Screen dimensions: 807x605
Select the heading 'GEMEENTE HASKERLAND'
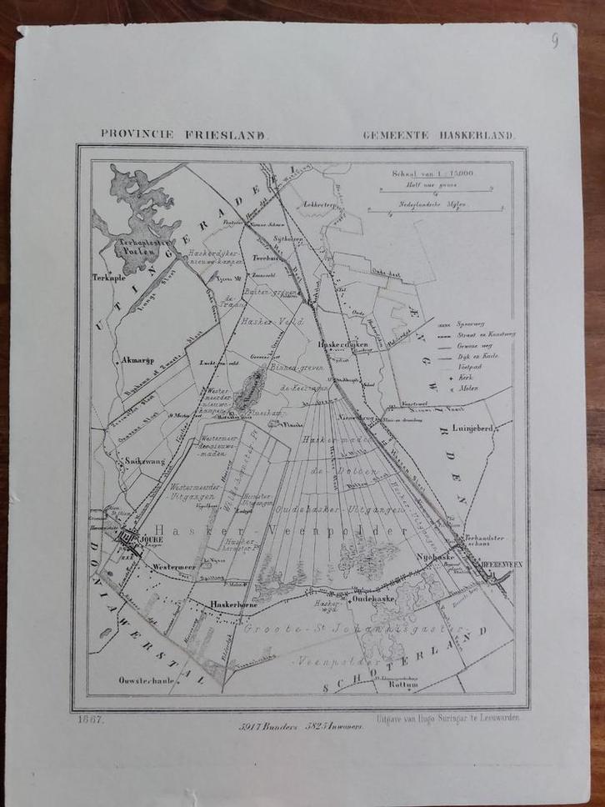click(x=439, y=133)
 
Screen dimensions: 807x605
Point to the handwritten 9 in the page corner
click(x=555, y=43)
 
